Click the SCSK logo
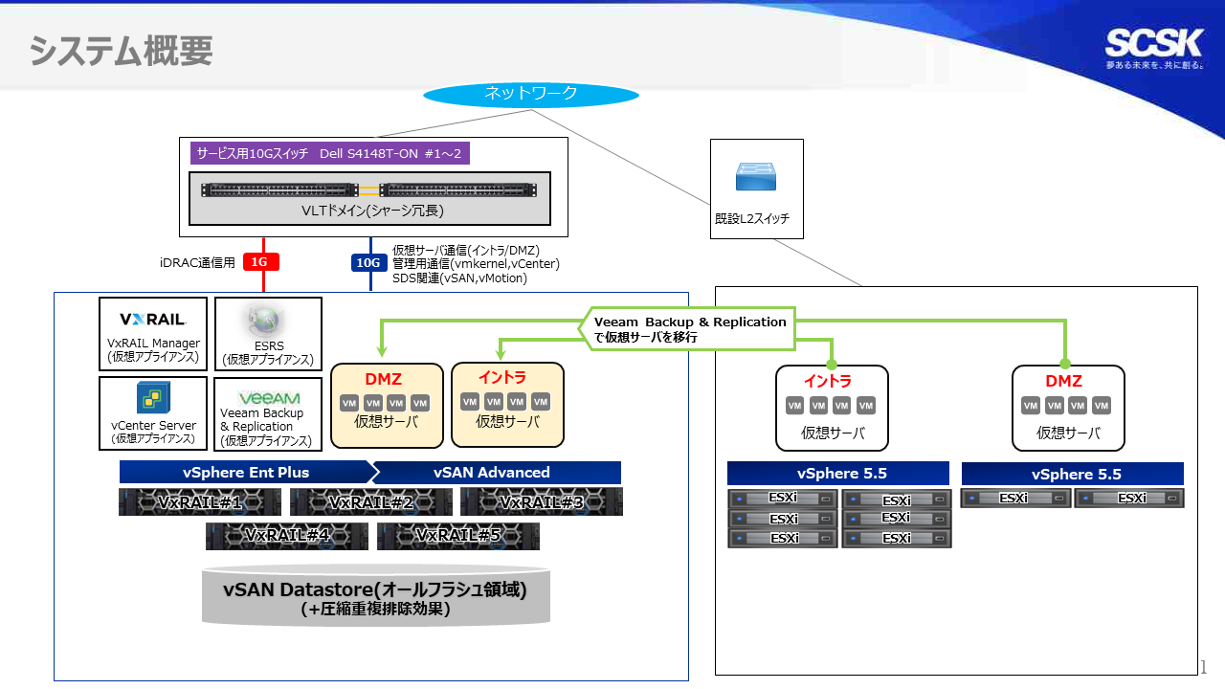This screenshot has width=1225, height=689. click(1153, 43)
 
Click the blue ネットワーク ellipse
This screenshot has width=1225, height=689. click(530, 94)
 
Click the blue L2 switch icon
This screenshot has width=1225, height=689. click(756, 176)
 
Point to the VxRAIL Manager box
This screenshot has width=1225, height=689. click(153, 331)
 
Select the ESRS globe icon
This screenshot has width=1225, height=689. click(267, 320)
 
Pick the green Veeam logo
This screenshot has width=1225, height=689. click(269, 397)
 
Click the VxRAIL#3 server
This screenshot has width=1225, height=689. click(541, 502)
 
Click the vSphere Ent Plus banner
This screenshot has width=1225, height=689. click(245, 473)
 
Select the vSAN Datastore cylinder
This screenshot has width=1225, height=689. click(375, 597)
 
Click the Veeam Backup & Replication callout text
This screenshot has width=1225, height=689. click(689, 329)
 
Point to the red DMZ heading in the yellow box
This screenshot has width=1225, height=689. click(383, 380)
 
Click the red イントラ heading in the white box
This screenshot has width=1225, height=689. click(828, 381)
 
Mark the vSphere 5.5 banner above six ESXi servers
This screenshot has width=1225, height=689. click(837, 474)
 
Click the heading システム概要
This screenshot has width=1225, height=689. click(121, 51)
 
